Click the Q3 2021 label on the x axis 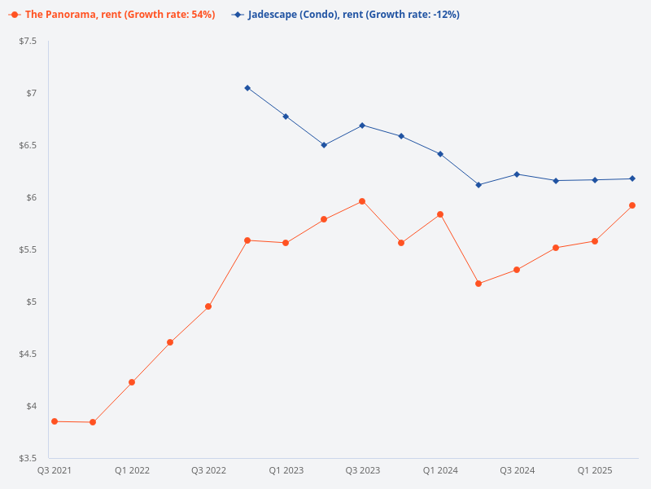[x=55, y=471]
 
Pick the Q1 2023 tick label [x=286, y=471]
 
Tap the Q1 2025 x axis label [x=594, y=471]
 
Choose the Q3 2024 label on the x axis [x=517, y=471]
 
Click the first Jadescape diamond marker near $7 [x=247, y=88]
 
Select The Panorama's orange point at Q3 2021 [x=55, y=421]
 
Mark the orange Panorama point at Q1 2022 [x=132, y=382]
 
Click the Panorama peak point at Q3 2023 [x=362, y=201]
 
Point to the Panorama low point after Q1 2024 [x=478, y=284]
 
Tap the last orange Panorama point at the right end [x=632, y=205]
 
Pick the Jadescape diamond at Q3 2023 [x=362, y=126]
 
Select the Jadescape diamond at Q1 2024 [x=440, y=154]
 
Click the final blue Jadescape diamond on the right [x=632, y=178]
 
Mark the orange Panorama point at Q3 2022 [x=208, y=306]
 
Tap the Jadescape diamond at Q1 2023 [x=286, y=117]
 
